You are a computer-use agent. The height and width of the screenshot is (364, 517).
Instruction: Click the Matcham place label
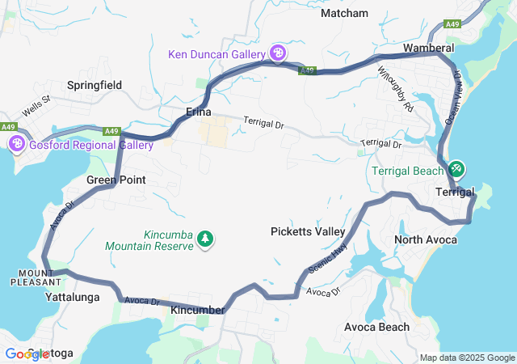(x=344, y=13)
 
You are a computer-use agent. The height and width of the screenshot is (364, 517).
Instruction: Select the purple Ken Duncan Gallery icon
(x=278, y=53)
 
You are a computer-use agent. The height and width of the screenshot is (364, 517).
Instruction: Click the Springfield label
(x=95, y=85)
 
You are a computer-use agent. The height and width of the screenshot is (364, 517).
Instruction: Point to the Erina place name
(x=199, y=112)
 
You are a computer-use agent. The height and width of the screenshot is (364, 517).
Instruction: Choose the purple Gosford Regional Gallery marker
(x=16, y=144)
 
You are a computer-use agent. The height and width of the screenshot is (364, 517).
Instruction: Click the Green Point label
(x=116, y=180)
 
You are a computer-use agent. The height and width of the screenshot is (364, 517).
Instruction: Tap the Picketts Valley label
(x=308, y=231)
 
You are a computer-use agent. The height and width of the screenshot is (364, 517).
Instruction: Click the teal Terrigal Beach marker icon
(x=456, y=168)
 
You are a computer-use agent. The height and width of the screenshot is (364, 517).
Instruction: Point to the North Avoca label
(x=426, y=240)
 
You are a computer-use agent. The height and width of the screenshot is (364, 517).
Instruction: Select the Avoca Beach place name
(x=376, y=328)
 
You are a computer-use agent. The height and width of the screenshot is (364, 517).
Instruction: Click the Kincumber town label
(x=198, y=310)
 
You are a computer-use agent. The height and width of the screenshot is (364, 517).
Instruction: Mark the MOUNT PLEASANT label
(x=35, y=277)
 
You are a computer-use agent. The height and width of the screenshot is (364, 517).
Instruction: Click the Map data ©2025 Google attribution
(x=466, y=358)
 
